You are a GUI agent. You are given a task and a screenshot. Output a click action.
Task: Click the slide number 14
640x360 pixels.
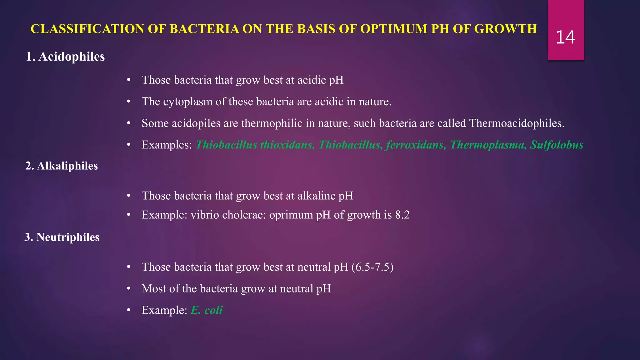(x=565, y=37)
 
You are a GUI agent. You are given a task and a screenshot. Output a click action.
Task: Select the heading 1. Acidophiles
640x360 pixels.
(x=65, y=57)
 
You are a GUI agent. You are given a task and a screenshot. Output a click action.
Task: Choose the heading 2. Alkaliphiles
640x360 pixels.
(x=62, y=166)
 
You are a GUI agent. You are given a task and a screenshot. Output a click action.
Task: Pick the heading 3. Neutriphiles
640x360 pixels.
(x=62, y=237)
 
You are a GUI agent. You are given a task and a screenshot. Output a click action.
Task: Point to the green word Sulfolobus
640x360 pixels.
(x=557, y=145)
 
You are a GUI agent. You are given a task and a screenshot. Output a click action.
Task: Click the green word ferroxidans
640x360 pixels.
(x=416, y=145)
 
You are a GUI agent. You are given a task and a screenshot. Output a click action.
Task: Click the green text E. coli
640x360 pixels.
(x=207, y=310)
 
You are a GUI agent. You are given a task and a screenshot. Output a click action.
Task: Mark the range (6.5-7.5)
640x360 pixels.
(x=372, y=267)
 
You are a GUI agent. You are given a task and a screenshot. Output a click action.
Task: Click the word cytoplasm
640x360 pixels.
(x=187, y=102)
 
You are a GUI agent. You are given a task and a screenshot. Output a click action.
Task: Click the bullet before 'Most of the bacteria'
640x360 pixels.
(x=128, y=289)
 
